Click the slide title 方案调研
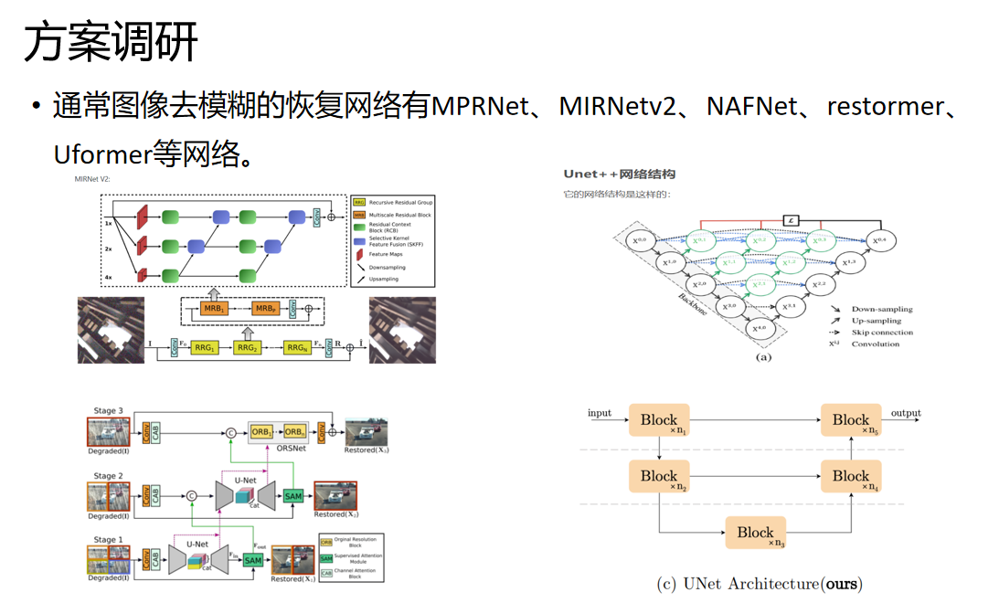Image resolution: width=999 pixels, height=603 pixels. tap(111, 43)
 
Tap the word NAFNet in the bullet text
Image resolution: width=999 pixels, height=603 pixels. tap(751, 107)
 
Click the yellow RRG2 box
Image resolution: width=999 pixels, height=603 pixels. tap(247, 348)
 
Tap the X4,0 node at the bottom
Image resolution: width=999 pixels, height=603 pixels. tap(758, 328)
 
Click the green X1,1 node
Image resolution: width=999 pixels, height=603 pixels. tap(728, 262)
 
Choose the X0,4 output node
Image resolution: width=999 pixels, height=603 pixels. tap(879, 241)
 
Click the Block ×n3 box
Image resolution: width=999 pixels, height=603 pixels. tap(755, 533)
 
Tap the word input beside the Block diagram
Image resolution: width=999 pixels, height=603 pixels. tap(600, 413)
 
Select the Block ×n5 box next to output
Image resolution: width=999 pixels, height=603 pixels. tap(851, 420)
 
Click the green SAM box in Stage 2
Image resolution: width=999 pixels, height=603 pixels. tap(292, 496)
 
